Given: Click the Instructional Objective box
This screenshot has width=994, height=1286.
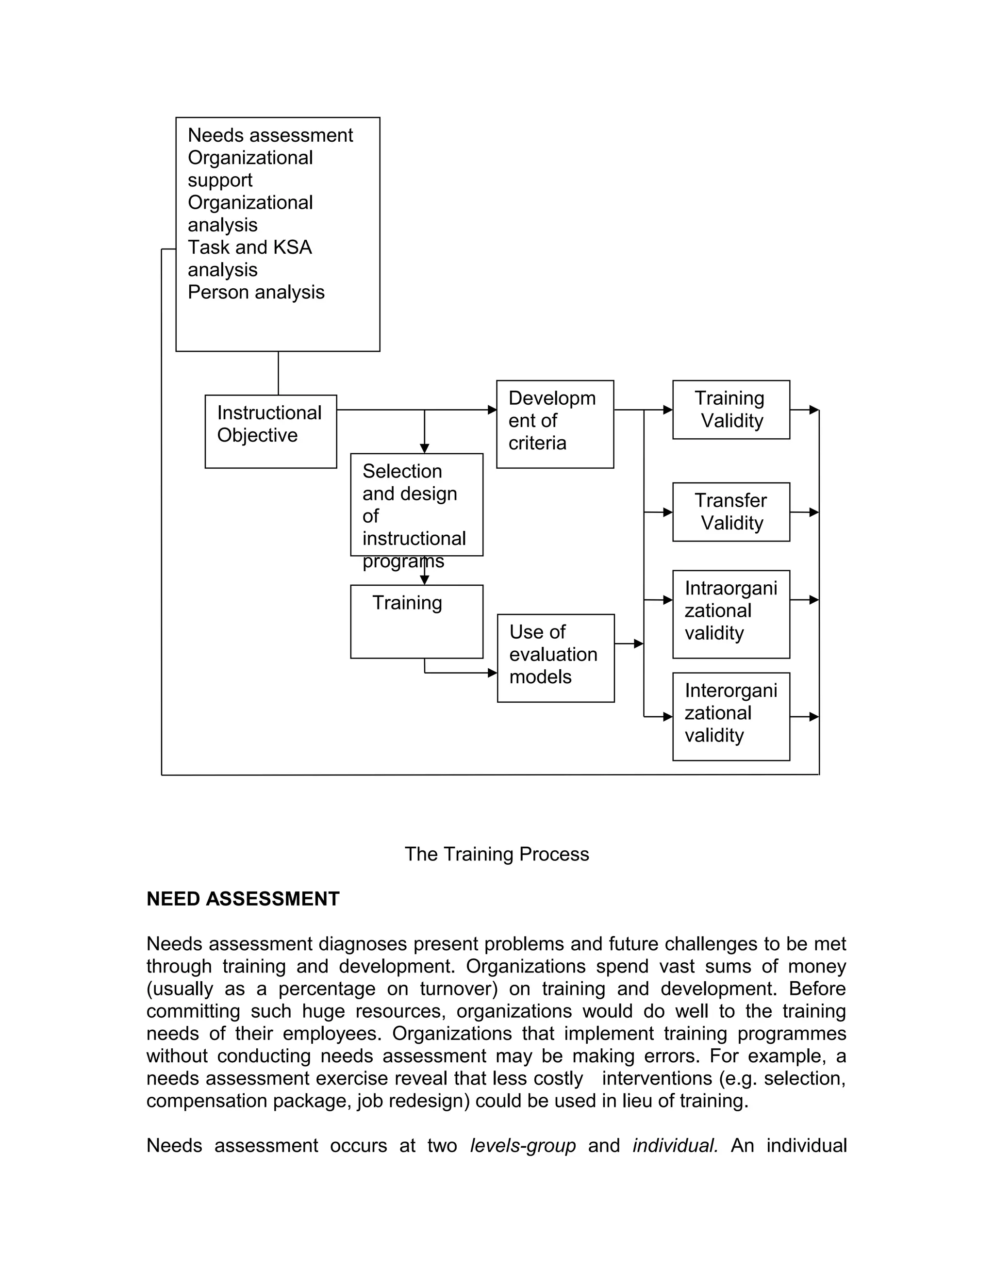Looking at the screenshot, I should pos(270,431).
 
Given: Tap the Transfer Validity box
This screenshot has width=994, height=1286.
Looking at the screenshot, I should pos(731,511).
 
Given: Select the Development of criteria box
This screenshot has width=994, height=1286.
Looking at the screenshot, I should pos(555,424).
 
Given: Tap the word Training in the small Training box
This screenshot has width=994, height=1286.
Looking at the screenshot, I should pos(407,603).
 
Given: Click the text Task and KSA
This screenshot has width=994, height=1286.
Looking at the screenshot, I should pos(249,247).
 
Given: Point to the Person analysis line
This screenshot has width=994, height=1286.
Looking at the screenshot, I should pos(256,292).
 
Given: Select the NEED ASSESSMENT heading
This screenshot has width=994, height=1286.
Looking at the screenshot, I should pos(243,899).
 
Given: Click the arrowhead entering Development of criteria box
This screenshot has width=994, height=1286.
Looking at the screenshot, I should pos(492,410).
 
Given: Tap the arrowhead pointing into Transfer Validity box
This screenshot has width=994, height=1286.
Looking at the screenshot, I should pos(668,512).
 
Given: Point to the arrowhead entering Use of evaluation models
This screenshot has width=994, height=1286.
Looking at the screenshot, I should pos(493,673).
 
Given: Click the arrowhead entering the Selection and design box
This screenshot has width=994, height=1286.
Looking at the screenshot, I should pos(425,449).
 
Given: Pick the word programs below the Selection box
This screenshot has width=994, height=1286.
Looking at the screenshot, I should pos(403,561).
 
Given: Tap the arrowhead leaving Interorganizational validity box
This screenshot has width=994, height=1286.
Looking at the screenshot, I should pos(814,717).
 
